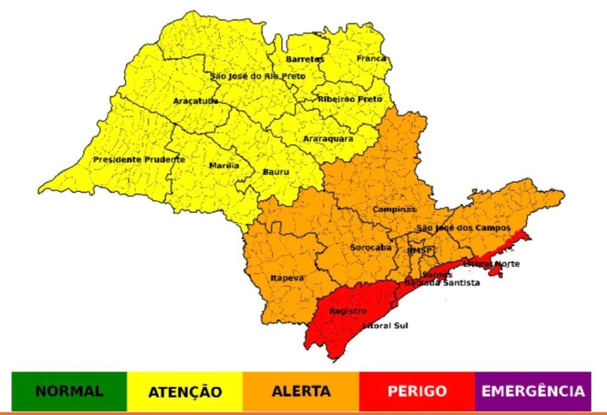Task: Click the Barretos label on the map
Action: coord(305,59)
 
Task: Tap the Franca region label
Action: coord(372,59)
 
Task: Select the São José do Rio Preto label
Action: coord(258,76)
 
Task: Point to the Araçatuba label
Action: coord(196,101)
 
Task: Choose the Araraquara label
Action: coord(328,139)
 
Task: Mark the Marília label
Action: coord(224,166)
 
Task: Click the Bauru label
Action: coord(275,172)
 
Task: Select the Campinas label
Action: coord(394,210)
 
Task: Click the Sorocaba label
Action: coord(370,247)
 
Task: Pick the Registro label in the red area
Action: coord(348,311)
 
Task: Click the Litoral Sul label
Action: coord(385,326)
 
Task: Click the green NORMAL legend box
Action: coord(69,391)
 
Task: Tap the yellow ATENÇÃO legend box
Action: coord(185,391)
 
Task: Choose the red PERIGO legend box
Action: coord(417,391)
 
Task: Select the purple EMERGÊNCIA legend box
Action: coord(532,391)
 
